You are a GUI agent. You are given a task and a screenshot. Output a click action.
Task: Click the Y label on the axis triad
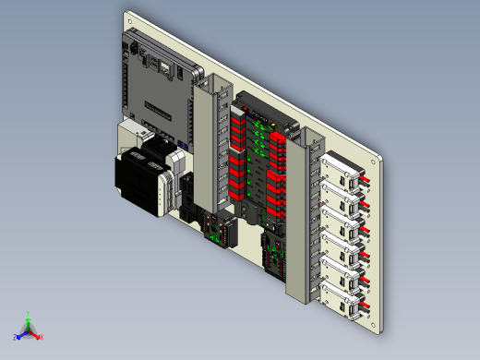(29, 313)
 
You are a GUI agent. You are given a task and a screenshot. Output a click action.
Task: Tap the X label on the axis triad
(42, 337)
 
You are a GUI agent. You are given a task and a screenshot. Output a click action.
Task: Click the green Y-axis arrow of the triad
(29, 322)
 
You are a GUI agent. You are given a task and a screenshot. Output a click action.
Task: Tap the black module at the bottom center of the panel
(275, 255)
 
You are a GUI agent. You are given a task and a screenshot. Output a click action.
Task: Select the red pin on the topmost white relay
(363, 174)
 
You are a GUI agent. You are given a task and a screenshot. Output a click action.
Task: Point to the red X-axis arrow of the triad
(36, 333)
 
